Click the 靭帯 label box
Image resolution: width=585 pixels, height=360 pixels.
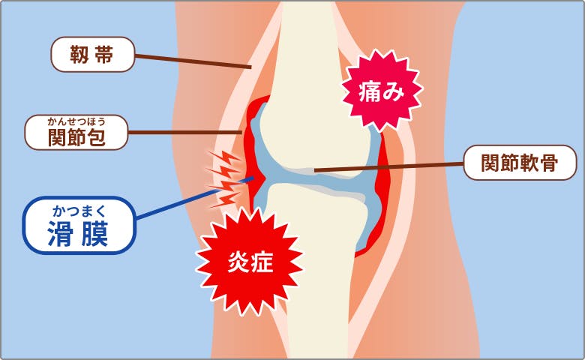point(92,55)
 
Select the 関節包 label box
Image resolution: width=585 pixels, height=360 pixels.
point(76,133)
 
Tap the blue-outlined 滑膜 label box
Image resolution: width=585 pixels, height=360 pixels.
point(79,225)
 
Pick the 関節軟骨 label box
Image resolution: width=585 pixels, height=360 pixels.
point(520,163)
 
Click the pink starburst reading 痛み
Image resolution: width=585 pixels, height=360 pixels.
point(382,91)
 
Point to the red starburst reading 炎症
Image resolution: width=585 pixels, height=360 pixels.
point(250,262)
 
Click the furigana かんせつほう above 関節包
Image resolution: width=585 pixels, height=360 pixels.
point(76,121)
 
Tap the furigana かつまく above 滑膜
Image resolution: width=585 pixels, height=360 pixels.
point(79,211)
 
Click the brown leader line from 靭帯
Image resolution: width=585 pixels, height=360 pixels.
point(193,61)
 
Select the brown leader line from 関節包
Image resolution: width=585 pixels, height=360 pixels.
point(185,133)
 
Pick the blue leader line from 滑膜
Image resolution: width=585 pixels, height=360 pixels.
point(195,198)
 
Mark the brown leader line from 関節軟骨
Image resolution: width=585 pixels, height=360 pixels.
point(388,166)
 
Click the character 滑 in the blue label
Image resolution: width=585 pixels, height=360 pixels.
point(61,234)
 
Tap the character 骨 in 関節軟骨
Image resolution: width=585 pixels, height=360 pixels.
point(549,163)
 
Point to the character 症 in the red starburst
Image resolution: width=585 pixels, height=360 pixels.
point(262,262)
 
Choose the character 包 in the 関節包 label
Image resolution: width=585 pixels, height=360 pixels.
point(96,137)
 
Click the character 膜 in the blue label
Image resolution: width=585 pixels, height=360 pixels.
point(95,234)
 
